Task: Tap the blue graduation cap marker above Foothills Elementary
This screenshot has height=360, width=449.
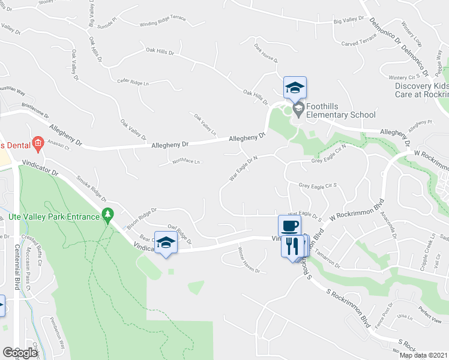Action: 295,88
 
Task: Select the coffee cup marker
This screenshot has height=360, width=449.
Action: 289,226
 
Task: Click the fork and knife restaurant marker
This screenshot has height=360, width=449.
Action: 292,246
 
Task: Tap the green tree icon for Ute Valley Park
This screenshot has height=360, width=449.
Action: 108,214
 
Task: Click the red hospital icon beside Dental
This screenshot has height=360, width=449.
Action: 38,143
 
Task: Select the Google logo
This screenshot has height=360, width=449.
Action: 20,353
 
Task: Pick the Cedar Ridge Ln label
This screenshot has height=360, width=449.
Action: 133,81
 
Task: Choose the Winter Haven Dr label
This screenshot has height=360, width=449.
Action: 249,260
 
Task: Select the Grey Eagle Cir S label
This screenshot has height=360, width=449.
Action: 319,185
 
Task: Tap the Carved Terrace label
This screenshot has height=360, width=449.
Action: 359,40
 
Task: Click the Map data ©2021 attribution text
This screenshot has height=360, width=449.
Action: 424,355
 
